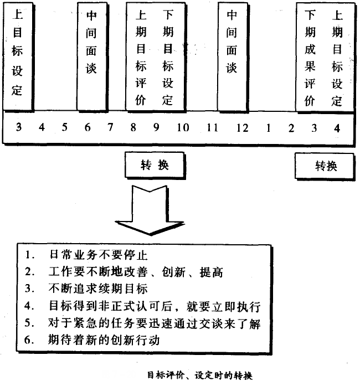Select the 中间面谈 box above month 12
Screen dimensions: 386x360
click(x=232, y=55)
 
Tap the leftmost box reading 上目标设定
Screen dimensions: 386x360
click(x=17, y=55)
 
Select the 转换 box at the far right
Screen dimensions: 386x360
click(x=325, y=166)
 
